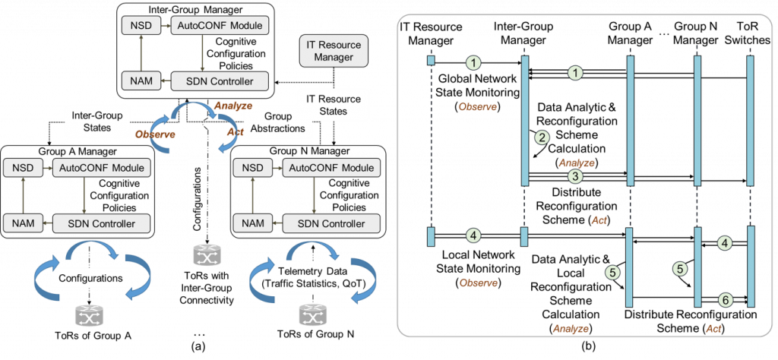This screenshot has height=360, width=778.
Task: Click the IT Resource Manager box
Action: pos(334,51)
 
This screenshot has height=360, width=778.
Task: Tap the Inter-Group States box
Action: pos(97,122)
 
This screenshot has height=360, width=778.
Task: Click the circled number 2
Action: pos(542,137)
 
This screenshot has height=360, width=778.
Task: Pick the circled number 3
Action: pos(575,176)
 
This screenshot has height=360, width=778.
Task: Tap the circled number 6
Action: pos(726,300)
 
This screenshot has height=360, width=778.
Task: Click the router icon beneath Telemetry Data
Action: pos(312,314)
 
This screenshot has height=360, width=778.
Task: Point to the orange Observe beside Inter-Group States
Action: pos(155,134)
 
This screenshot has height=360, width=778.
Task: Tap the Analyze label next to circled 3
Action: pos(577,163)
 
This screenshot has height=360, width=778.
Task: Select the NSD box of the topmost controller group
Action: pos(137,26)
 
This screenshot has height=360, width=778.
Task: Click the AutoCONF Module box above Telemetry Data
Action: pos(330,168)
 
